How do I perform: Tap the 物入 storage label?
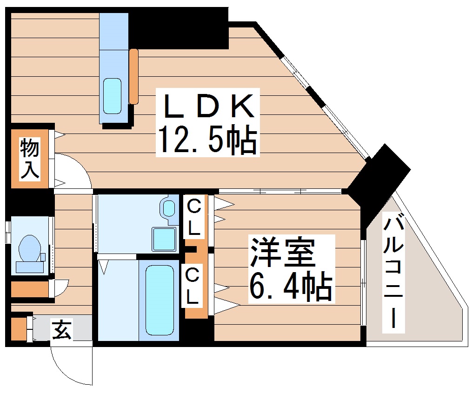29,159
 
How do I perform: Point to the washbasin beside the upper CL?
168,207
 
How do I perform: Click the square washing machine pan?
165,239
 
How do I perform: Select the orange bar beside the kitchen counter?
134,76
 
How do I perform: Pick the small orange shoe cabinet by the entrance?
18,329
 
